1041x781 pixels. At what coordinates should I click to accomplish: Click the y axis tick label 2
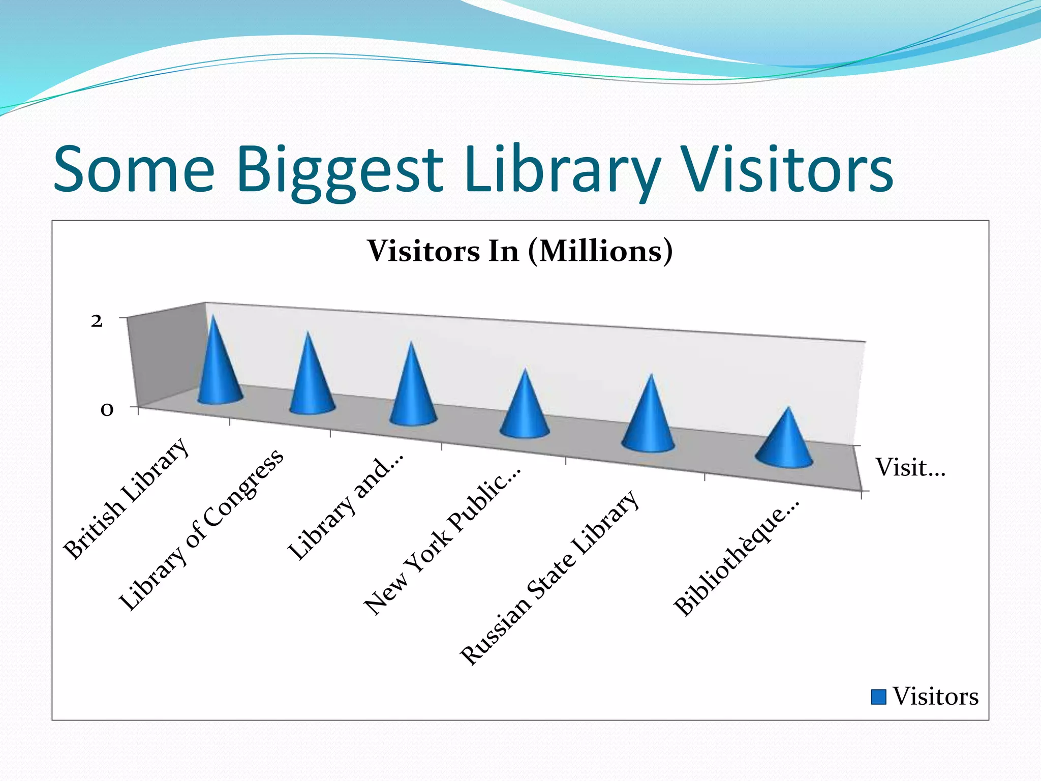pos(97,321)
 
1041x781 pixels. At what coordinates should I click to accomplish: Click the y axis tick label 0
pos(106,410)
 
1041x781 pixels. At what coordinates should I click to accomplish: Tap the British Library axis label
pos(126,498)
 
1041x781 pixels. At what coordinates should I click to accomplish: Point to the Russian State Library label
pos(549,577)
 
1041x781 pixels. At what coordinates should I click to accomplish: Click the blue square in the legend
pos(878,697)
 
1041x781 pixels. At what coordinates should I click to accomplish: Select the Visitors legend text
pos(935,697)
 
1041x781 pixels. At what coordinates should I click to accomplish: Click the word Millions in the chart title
pos(600,251)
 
